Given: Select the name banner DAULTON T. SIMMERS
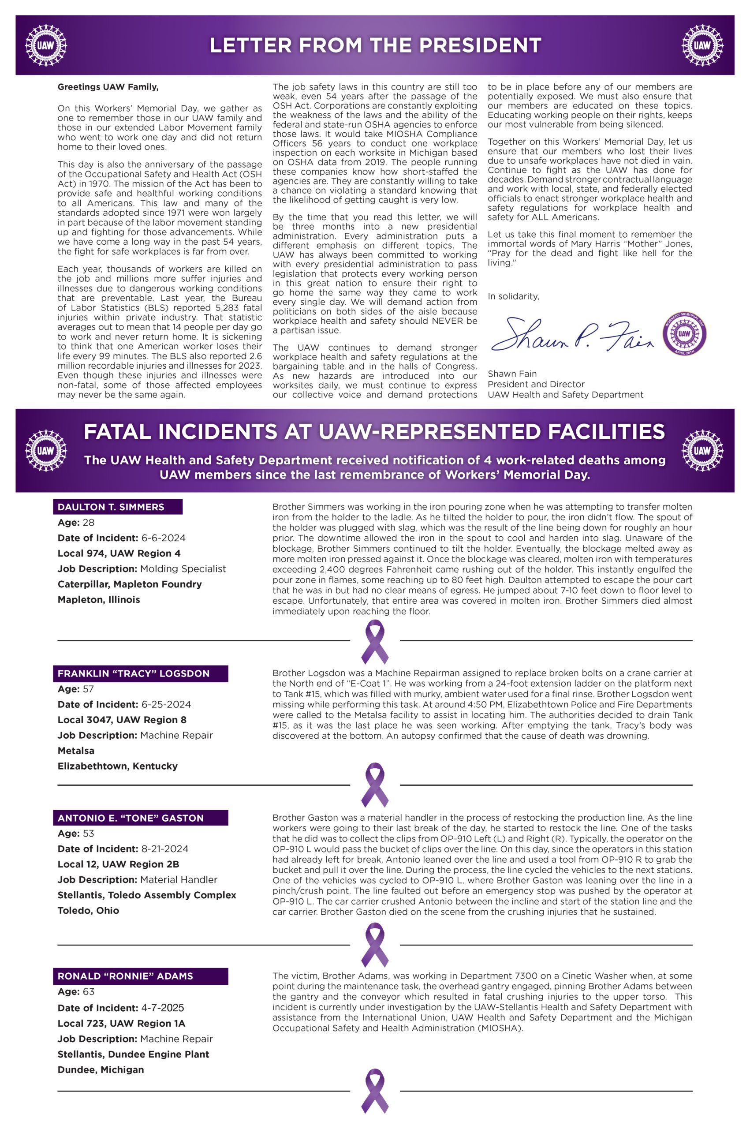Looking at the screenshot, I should point(117,507).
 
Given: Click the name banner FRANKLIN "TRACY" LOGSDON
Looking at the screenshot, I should point(140,673).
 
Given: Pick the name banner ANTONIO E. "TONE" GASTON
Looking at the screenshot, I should point(140,818).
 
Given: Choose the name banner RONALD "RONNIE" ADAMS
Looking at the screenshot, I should point(140,976).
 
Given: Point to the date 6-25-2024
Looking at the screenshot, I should point(166,705).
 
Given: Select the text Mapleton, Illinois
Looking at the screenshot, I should point(98,599).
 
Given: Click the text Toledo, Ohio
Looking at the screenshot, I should point(88,910).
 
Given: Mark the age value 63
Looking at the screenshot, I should point(89,992).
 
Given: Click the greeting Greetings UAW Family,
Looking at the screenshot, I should point(108,87).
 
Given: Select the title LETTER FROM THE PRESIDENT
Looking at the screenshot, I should point(375,45).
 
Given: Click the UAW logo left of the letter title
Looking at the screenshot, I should point(46,45).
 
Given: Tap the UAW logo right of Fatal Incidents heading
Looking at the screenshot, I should point(702,451).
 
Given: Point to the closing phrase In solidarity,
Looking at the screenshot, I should point(513,297).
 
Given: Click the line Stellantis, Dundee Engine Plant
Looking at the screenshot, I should point(134,1054).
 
